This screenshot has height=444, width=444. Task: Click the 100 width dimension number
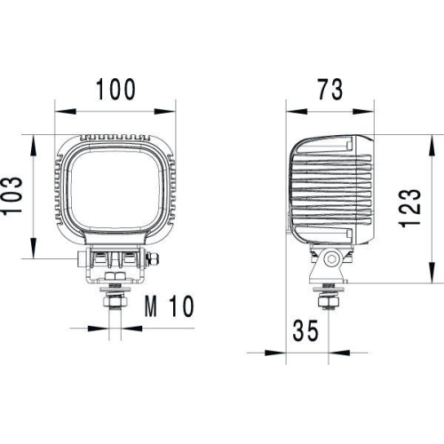click(115, 90)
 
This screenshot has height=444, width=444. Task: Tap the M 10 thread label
click(168, 308)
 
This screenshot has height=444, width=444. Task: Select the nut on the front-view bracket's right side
click(155, 261)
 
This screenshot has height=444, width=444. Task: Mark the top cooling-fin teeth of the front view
click(115, 139)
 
